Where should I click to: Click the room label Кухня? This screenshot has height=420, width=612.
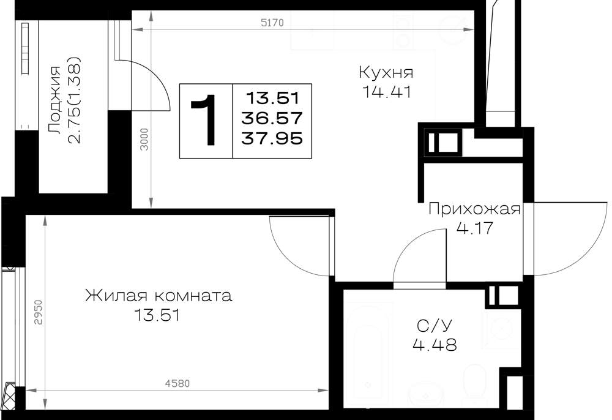[386, 73]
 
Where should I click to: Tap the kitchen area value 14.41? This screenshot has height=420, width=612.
[386, 92]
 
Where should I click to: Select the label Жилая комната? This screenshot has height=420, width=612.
[159, 296]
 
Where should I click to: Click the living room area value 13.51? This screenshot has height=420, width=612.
[157, 315]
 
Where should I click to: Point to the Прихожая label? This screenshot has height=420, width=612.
[475, 209]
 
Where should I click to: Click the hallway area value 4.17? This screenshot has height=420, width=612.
[475, 228]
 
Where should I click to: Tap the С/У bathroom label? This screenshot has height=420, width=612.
[434, 325]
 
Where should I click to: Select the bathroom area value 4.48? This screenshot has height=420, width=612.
[435, 345]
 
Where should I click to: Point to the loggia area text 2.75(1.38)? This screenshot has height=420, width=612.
[74, 100]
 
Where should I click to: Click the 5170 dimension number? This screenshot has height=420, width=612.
[272, 23]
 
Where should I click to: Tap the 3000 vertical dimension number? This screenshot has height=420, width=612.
[145, 140]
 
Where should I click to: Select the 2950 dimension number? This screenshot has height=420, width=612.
[38, 312]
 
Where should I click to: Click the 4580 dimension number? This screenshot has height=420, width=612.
[177, 384]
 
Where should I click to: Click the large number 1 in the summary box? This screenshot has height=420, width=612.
[206, 120]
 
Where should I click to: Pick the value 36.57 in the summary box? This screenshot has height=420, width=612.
[272, 118]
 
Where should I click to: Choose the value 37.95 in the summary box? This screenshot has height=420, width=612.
[272, 138]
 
